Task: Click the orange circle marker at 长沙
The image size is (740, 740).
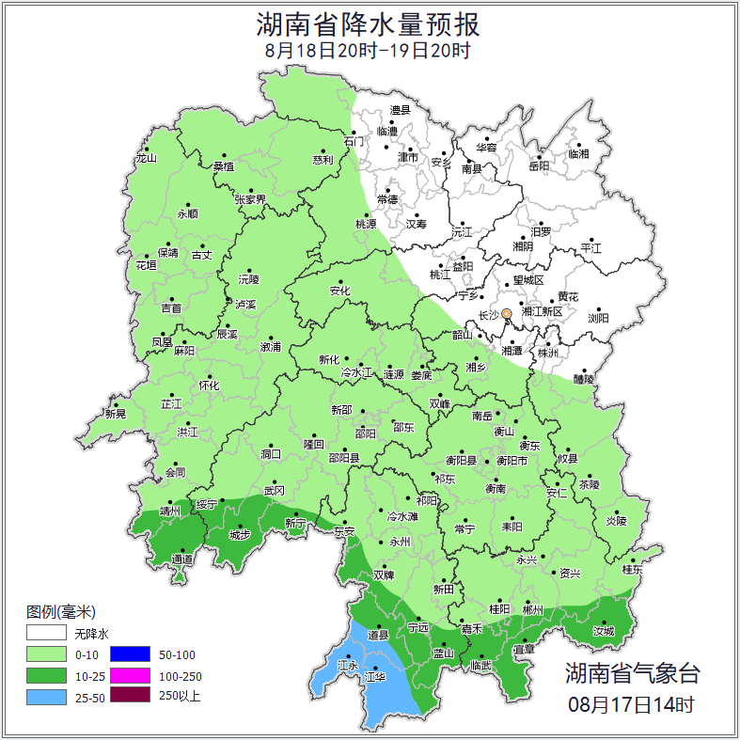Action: [507, 314]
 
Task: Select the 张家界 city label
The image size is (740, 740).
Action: [250, 199]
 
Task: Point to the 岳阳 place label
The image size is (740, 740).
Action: [539, 166]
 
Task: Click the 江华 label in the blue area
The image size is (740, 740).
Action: [376, 676]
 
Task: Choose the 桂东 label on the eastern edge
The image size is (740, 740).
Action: [633, 570]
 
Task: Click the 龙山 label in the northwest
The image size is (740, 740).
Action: [146, 158]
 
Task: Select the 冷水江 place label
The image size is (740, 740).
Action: [357, 373]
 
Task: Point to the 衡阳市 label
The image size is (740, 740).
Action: [512, 461]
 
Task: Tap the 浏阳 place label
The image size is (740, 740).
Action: [598, 318]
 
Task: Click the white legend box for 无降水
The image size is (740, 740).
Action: [46, 634]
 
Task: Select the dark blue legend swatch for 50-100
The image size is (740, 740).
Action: [131, 654]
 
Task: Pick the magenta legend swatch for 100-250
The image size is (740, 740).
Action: [131, 675]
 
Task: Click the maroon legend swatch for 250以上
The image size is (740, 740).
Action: [131, 696]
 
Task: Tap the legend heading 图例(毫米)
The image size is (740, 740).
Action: [61, 612]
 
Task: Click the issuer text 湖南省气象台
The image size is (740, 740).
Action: [632, 672]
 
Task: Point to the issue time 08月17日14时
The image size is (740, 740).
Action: [632, 703]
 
